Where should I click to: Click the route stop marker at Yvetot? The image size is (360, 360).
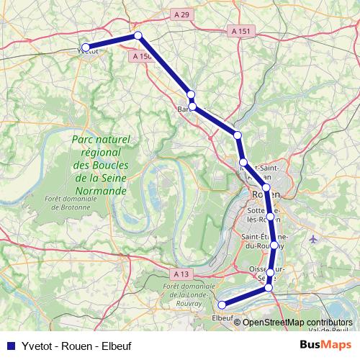(86, 48)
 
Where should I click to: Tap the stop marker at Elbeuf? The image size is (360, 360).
(222, 305)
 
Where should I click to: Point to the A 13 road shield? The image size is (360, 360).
(181, 274)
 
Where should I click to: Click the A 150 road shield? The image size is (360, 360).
(141, 55)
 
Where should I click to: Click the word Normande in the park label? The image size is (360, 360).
(101, 192)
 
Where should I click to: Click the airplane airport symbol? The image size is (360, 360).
(312, 239)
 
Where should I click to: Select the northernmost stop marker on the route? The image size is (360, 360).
(138, 35)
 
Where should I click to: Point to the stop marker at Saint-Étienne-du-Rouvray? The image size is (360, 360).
(274, 246)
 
